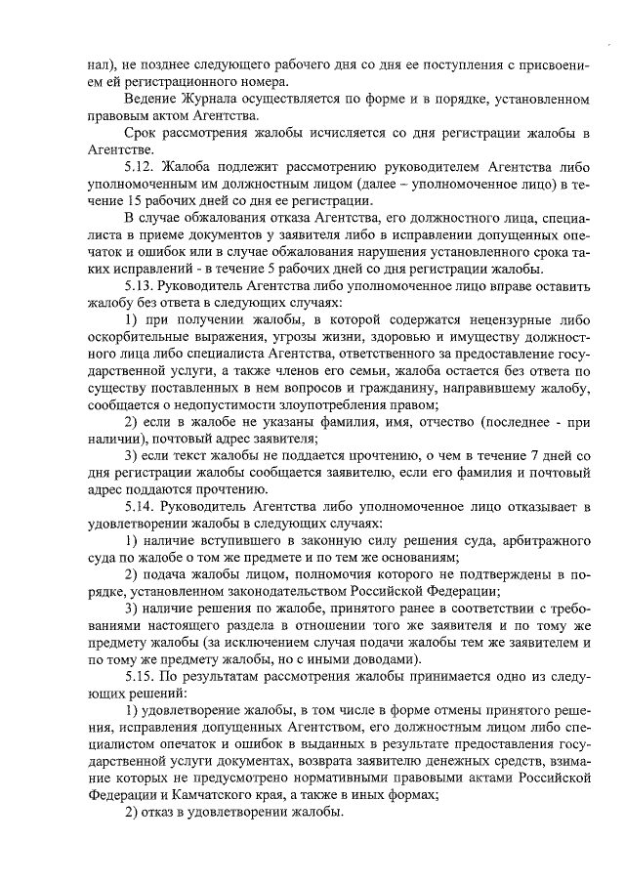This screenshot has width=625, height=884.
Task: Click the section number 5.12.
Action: (x=141, y=167)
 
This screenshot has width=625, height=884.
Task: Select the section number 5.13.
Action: (x=141, y=287)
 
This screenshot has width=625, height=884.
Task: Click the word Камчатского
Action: (x=205, y=794)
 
